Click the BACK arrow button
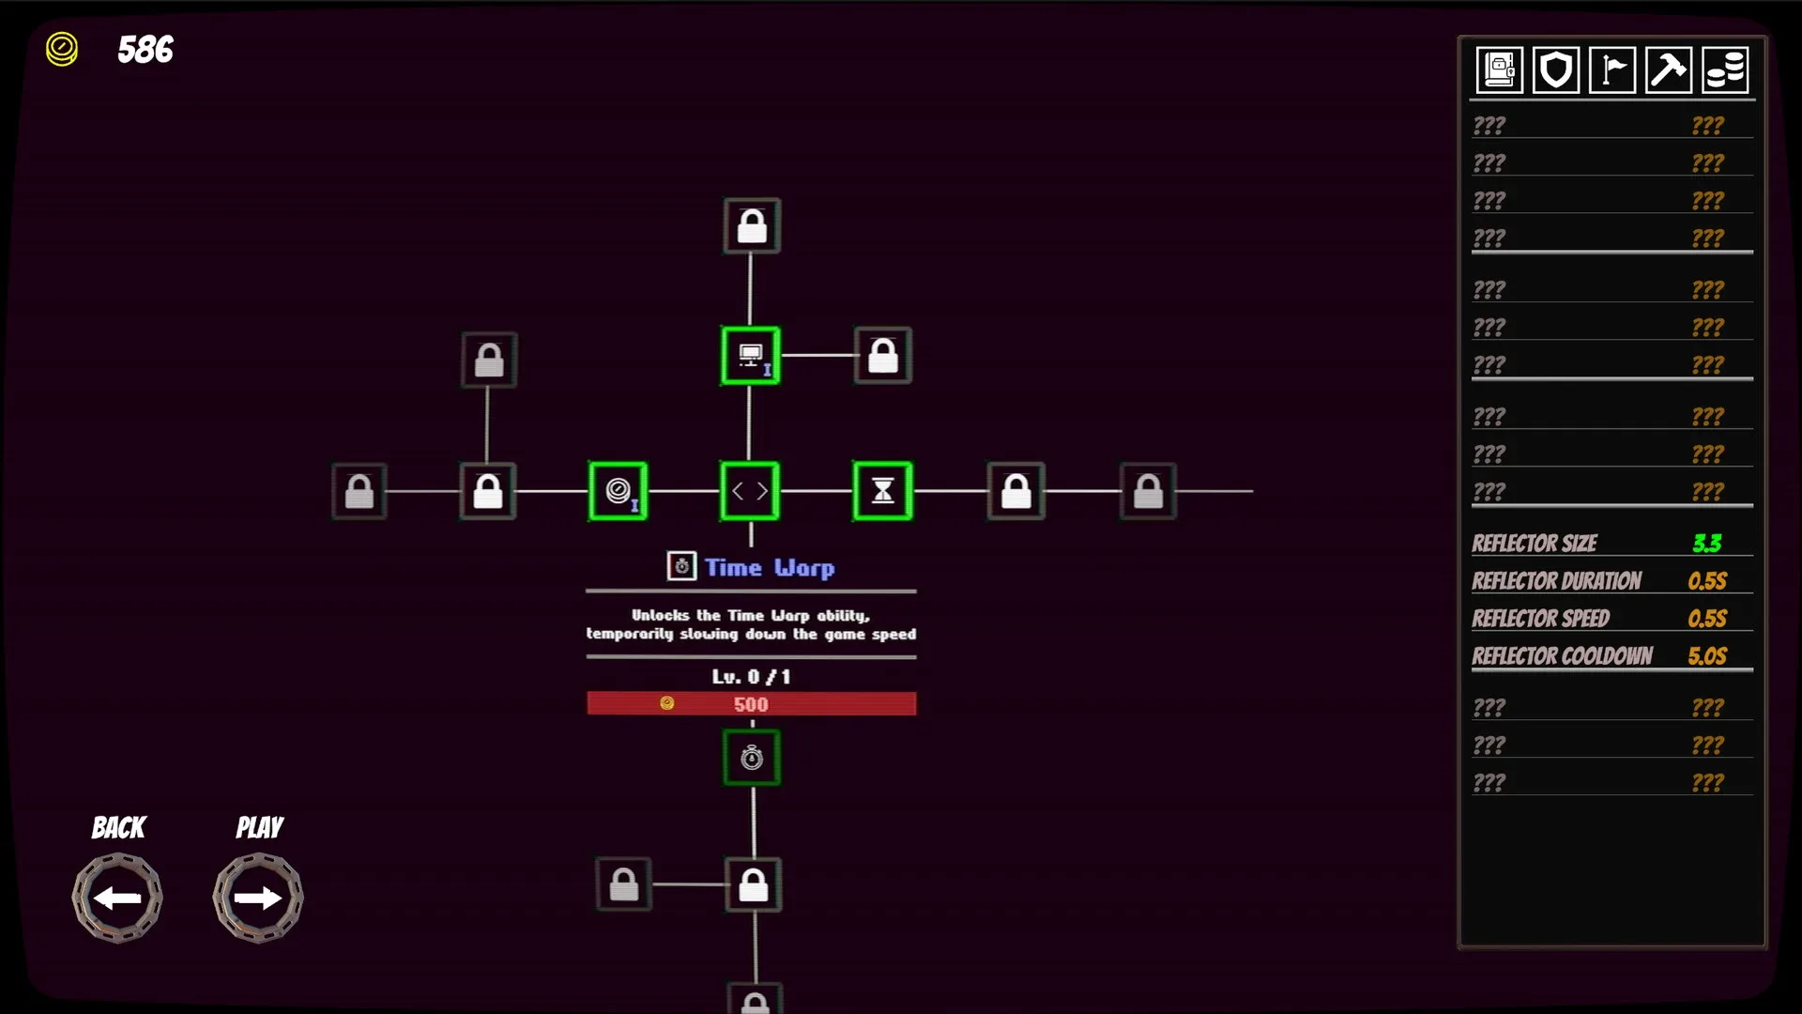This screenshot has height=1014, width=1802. [x=117, y=898]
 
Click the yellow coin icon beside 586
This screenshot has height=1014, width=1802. [x=62, y=49]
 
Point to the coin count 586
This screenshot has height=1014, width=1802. [x=145, y=50]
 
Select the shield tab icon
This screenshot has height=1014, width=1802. [x=1555, y=70]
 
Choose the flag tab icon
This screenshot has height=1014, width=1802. [x=1612, y=70]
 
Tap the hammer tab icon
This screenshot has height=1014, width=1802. [x=1669, y=70]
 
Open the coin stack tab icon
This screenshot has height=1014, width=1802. [x=1725, y=70]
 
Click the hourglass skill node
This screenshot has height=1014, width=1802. [x=882, y=490]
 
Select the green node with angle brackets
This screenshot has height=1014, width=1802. [x=750, y=490]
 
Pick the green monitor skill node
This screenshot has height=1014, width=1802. [x=750, y=356]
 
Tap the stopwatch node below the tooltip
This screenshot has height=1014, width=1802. [x=752, y=758]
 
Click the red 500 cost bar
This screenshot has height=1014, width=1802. [x=751, y=704]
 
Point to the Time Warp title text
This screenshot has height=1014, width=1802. [x=769, y=567]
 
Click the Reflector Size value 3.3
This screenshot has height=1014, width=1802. [x=1707, y=544]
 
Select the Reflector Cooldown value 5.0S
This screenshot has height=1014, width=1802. [x=1707, y=656]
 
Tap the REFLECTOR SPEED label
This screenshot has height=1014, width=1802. [x=1540, y=619]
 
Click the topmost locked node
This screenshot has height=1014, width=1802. [x=752, y=226]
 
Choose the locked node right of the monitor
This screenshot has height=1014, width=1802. [x=883, y=356]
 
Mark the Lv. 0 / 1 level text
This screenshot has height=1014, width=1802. [x=751, y=677]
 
